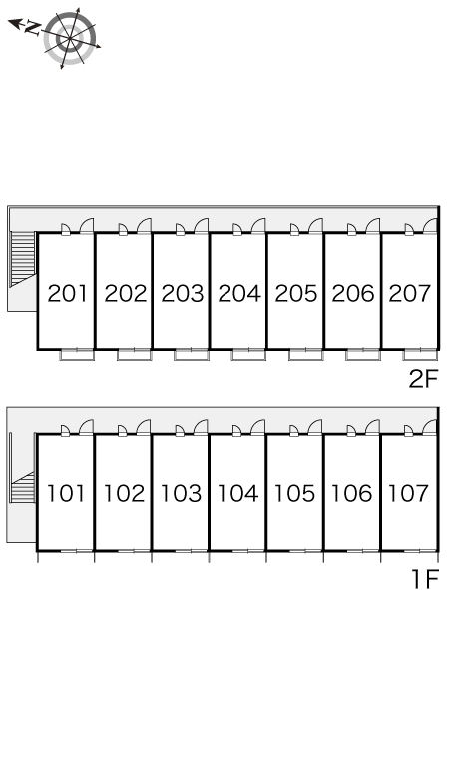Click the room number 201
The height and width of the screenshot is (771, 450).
[68, 294]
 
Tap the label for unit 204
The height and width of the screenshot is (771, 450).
[239, 294]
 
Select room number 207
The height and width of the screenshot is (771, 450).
[410, 294]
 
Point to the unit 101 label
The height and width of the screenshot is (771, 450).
[66, 493]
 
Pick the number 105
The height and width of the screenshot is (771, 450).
[294, 493]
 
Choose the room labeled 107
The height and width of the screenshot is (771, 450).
[408, 493]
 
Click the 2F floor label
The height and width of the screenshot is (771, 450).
[423, 379]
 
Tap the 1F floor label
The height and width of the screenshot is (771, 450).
[425, 579]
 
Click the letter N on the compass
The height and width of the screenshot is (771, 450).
[33, 28]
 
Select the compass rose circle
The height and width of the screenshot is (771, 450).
[70, 38]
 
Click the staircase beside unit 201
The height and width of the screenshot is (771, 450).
[23, 258]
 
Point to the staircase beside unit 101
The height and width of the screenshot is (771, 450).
[23, 487]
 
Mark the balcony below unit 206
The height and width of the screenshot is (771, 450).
[363, 354]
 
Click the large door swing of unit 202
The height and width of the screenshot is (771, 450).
[144, 225]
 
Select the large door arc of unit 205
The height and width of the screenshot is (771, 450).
[315, 225]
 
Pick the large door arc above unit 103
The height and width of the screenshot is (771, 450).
[201, 426]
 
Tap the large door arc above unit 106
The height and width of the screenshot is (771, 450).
[372, 426]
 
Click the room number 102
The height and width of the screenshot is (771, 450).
[124, 493]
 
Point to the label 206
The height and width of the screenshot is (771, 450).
[353, 294]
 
